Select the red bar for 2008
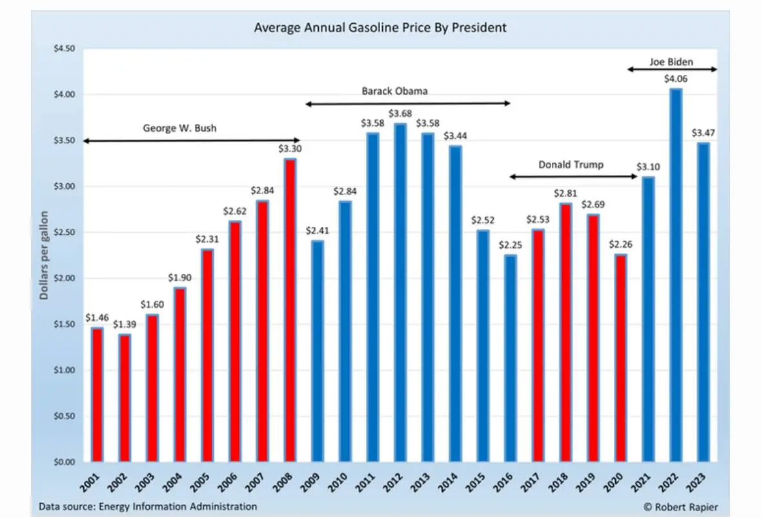click(x=290, y=310)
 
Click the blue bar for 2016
click(x=510, y=359)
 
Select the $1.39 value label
click(x=124, y=324)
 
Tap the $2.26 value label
click(x=620, y=244)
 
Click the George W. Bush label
click(x=179, y=128)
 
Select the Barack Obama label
click(x=394, y=91)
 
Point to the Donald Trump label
click(x=571, y=164)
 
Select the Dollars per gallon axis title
click(x=44, y=255)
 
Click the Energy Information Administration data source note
click(x=148, y=506)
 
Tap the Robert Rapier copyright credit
click(x=680, y=506)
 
